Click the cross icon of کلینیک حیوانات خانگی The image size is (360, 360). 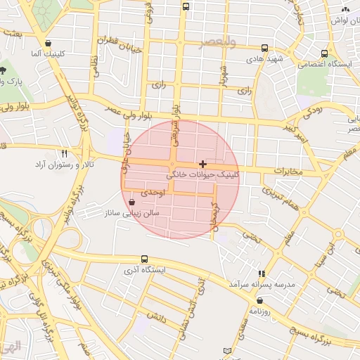(x=203, y=164)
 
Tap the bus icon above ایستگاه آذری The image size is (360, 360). (x=144, y=259)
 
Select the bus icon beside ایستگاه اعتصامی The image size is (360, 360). (x=324, y=53)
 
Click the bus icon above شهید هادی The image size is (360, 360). (x=264, y=48)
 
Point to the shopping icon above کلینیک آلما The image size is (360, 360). (x=47, y=43)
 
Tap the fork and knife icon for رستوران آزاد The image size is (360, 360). (x=64, y=153)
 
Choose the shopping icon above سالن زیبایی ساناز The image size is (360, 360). (x=132, y=202)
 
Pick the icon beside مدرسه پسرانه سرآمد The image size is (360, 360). (x=262, y=274)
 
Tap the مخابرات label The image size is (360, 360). (x=288, y=171)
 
